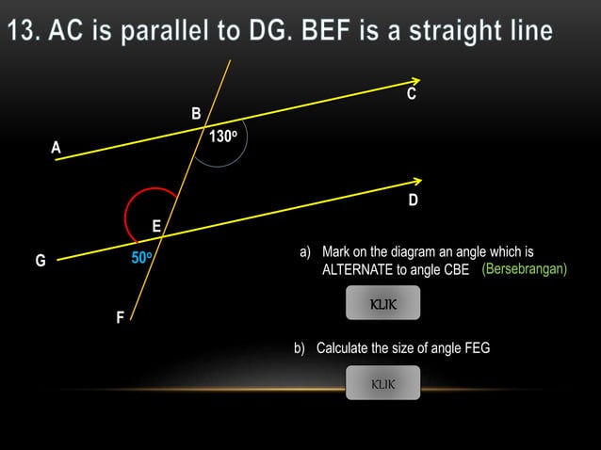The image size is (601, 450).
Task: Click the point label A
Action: (56, 147)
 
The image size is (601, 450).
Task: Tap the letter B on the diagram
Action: (196, 114)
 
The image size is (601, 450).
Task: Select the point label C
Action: (412, 96)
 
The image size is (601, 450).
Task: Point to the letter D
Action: (413, 201)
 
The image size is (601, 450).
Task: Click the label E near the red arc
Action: (156, 226)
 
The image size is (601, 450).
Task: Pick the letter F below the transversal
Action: (120, 318)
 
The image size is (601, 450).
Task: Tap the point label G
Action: (41, 261)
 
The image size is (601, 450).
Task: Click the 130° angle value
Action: (222, 137)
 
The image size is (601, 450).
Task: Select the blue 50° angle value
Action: (142, 257)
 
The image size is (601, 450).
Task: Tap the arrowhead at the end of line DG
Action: (416, 181)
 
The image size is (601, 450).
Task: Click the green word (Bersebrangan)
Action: (524, 269)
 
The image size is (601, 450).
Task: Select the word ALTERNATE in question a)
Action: (359, 270)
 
